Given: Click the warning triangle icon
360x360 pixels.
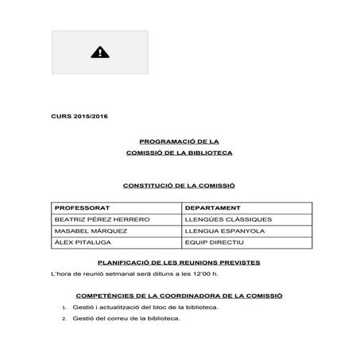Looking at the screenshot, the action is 100,52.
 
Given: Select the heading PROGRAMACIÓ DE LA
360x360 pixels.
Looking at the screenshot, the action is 179,140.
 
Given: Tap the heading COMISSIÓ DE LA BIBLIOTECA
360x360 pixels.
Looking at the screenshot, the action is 179,152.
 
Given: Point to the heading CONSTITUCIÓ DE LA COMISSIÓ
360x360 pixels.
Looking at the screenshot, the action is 179,185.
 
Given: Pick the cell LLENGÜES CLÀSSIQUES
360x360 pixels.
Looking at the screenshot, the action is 227,219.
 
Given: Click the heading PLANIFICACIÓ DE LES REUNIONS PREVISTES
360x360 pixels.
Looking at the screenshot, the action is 179,262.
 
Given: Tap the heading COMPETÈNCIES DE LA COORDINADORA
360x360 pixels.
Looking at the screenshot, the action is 179,295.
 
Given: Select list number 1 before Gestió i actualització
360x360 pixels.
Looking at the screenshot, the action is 63,307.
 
